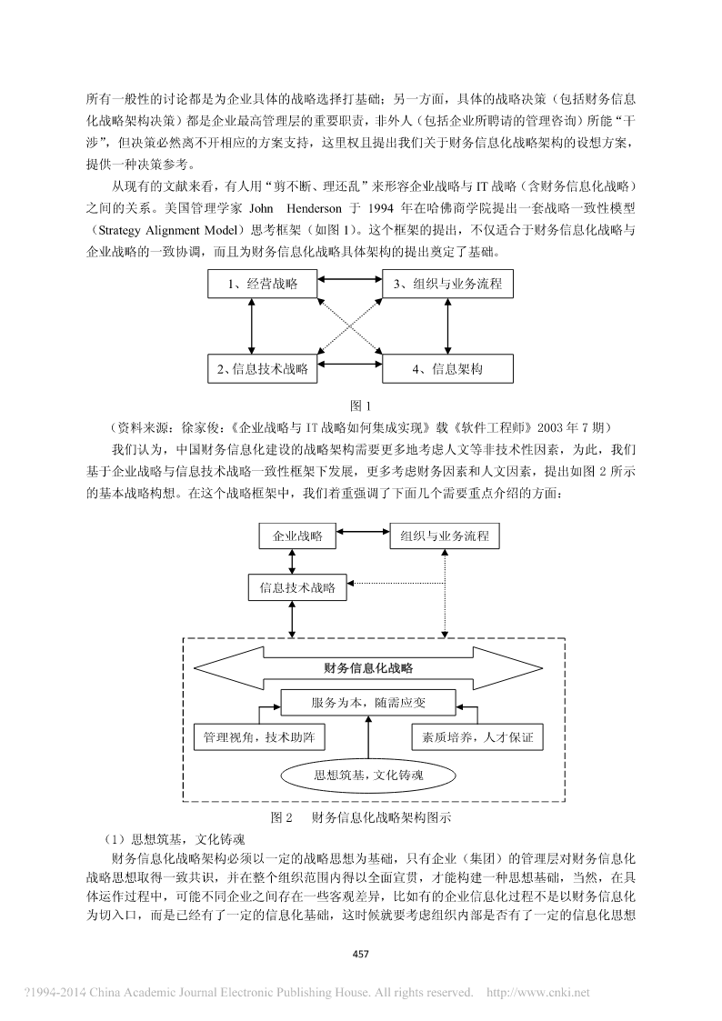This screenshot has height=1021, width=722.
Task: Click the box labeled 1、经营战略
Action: pyautogui.click(x=263, y=284)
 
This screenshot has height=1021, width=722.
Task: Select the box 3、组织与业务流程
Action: pyautogui.click(x=447, y=284)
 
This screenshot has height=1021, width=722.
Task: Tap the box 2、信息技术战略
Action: pyautogui.click(x=263, y=369)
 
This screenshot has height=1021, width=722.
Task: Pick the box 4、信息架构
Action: pyautogui.click(x=447, y=369)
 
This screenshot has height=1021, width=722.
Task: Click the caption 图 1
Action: pyautogui.click(x=360, y=406)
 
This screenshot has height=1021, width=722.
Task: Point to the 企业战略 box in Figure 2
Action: pyautogui.click(x=297, y=536)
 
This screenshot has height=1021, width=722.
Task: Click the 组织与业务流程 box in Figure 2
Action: pyautogui.click(x=445, y=536)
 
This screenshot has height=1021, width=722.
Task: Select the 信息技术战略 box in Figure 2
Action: pyautogui.click(x=297, y=587)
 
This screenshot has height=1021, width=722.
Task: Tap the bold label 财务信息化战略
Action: pyautogui.click(x=368, y=668)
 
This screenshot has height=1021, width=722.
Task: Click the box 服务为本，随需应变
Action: pyautogui.click(x=368, y=703)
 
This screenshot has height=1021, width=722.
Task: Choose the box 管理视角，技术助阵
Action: pyautogui.click(x=259, y=737)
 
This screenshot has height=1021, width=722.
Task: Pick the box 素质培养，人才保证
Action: pyautogui.click(x=477, y=737)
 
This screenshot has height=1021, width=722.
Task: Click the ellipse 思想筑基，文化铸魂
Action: pyautogui.click(x=368, y=775)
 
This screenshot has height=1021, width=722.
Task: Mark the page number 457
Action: pyautogui.click(x=360, y=954)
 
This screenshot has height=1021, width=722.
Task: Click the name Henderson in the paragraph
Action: pyautogui.click(x=314, y=208)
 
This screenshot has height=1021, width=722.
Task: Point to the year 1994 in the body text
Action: pyautogui.click(x=381, y=208)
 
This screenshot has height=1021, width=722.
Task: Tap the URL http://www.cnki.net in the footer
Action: pyautogui.click(x=537, y=993)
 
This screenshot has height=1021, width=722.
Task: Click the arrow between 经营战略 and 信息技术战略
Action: pyautogui.click(x=251, y=326)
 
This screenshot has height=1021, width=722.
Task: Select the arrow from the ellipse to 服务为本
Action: pyautogui.click(x=368, y=736)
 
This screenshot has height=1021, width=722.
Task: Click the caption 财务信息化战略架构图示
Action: pyautogui.click(x=381, y=818)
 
